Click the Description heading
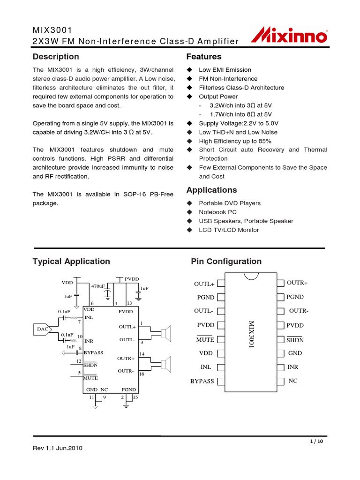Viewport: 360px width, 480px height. tap(56, 57)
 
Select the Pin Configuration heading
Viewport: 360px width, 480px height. tap(226, 262)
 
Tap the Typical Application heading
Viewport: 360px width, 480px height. tap(71, 262)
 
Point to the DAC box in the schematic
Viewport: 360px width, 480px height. tap(42, 329)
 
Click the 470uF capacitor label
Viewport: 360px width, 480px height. tap(98, 286)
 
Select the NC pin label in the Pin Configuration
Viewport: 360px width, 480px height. tap(293, 381)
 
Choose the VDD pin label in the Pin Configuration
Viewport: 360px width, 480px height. tap(206, 353)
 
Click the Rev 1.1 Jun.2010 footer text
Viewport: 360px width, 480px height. tap(59, 448)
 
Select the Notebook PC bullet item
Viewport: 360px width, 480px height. tap(218, 212)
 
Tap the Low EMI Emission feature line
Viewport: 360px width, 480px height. tap(225, 70)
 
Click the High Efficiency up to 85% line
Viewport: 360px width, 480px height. tap(235, 141)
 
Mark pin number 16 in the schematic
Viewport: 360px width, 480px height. tap(142, 374)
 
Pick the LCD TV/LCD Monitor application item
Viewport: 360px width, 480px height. tap(229, 230)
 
